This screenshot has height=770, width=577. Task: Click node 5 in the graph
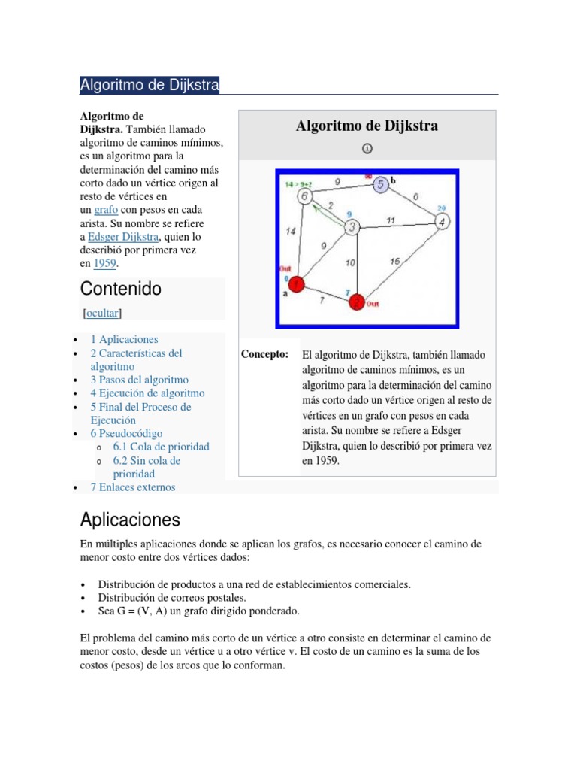(x=380, y=185)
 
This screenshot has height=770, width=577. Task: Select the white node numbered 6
(x=304, y=196)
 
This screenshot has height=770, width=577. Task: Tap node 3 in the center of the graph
(x=352, y=227)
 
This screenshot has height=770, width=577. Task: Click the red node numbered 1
(x=297, y=284)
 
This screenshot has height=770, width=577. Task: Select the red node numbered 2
(x=358, y=302)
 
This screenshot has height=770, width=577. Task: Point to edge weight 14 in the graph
(x=291, y=232)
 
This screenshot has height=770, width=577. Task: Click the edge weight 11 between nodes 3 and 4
(x=391, y=220)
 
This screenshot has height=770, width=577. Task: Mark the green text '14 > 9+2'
(x=295, y=183)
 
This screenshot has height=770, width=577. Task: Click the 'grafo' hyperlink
(x=105, y=210)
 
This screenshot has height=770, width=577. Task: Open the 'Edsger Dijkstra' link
(x=123, y=237)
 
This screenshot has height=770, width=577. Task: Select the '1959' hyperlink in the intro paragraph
(x=105, y=264)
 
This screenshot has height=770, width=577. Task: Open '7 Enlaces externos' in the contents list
(x=132, y=487)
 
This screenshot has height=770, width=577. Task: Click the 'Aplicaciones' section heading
(x=130, y=520)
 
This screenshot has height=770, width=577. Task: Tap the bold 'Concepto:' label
(x=264, y=354)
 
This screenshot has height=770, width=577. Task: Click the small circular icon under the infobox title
(x=367, y=149)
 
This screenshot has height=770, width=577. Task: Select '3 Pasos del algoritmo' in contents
(x=139, y=380)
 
